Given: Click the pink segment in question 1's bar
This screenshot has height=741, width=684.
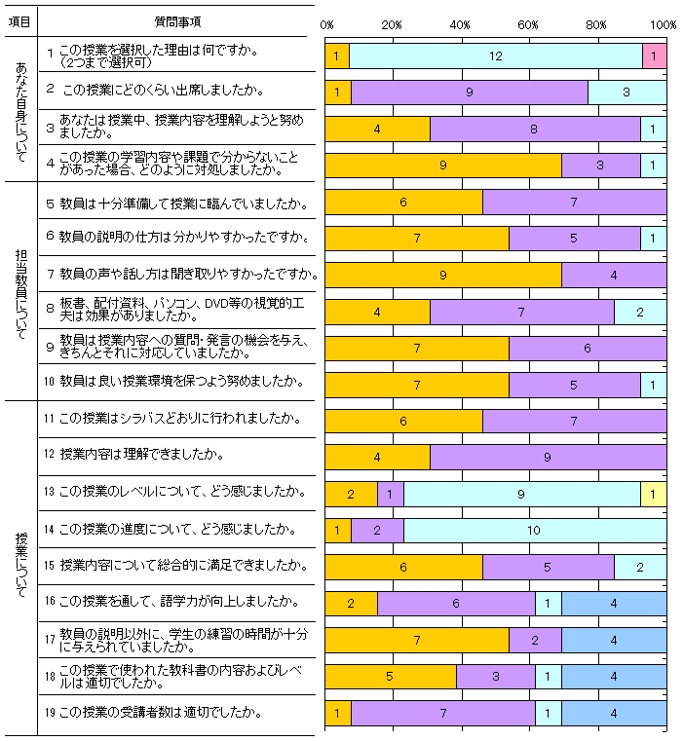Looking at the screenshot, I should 654,56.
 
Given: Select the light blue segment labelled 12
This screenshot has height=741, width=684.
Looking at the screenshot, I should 495,56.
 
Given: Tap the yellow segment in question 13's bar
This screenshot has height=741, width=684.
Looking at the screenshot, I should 653,495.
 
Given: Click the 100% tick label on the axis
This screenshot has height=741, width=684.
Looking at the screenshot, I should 663,23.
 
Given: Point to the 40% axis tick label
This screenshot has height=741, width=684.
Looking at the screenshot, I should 461,23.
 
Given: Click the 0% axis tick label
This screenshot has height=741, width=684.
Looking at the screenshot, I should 327,23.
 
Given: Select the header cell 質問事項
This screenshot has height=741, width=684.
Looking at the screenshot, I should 179,21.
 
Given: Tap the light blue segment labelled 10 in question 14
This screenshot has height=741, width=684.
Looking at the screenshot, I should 534,531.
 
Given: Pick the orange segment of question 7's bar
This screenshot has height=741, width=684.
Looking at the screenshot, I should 442,276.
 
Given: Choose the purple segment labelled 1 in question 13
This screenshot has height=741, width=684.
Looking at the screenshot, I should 390,495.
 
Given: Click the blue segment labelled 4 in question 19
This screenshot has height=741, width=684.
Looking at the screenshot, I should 613,714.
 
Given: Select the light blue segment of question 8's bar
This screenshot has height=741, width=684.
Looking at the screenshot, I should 639,312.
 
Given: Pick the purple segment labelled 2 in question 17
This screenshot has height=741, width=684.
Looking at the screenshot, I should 534,640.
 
